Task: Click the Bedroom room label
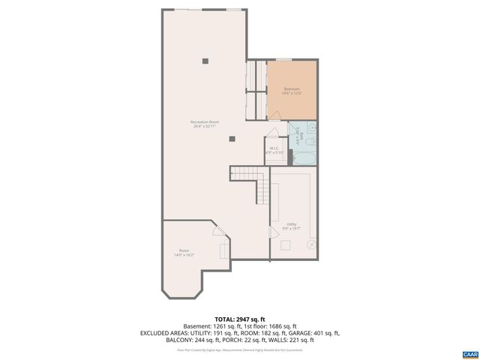292,91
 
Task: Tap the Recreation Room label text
204,123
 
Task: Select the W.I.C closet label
274,149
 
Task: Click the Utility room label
292,224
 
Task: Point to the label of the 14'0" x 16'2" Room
184,252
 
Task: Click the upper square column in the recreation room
204,61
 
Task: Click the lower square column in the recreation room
232,137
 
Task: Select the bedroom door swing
275,115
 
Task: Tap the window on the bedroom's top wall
283,59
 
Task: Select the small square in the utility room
285,245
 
